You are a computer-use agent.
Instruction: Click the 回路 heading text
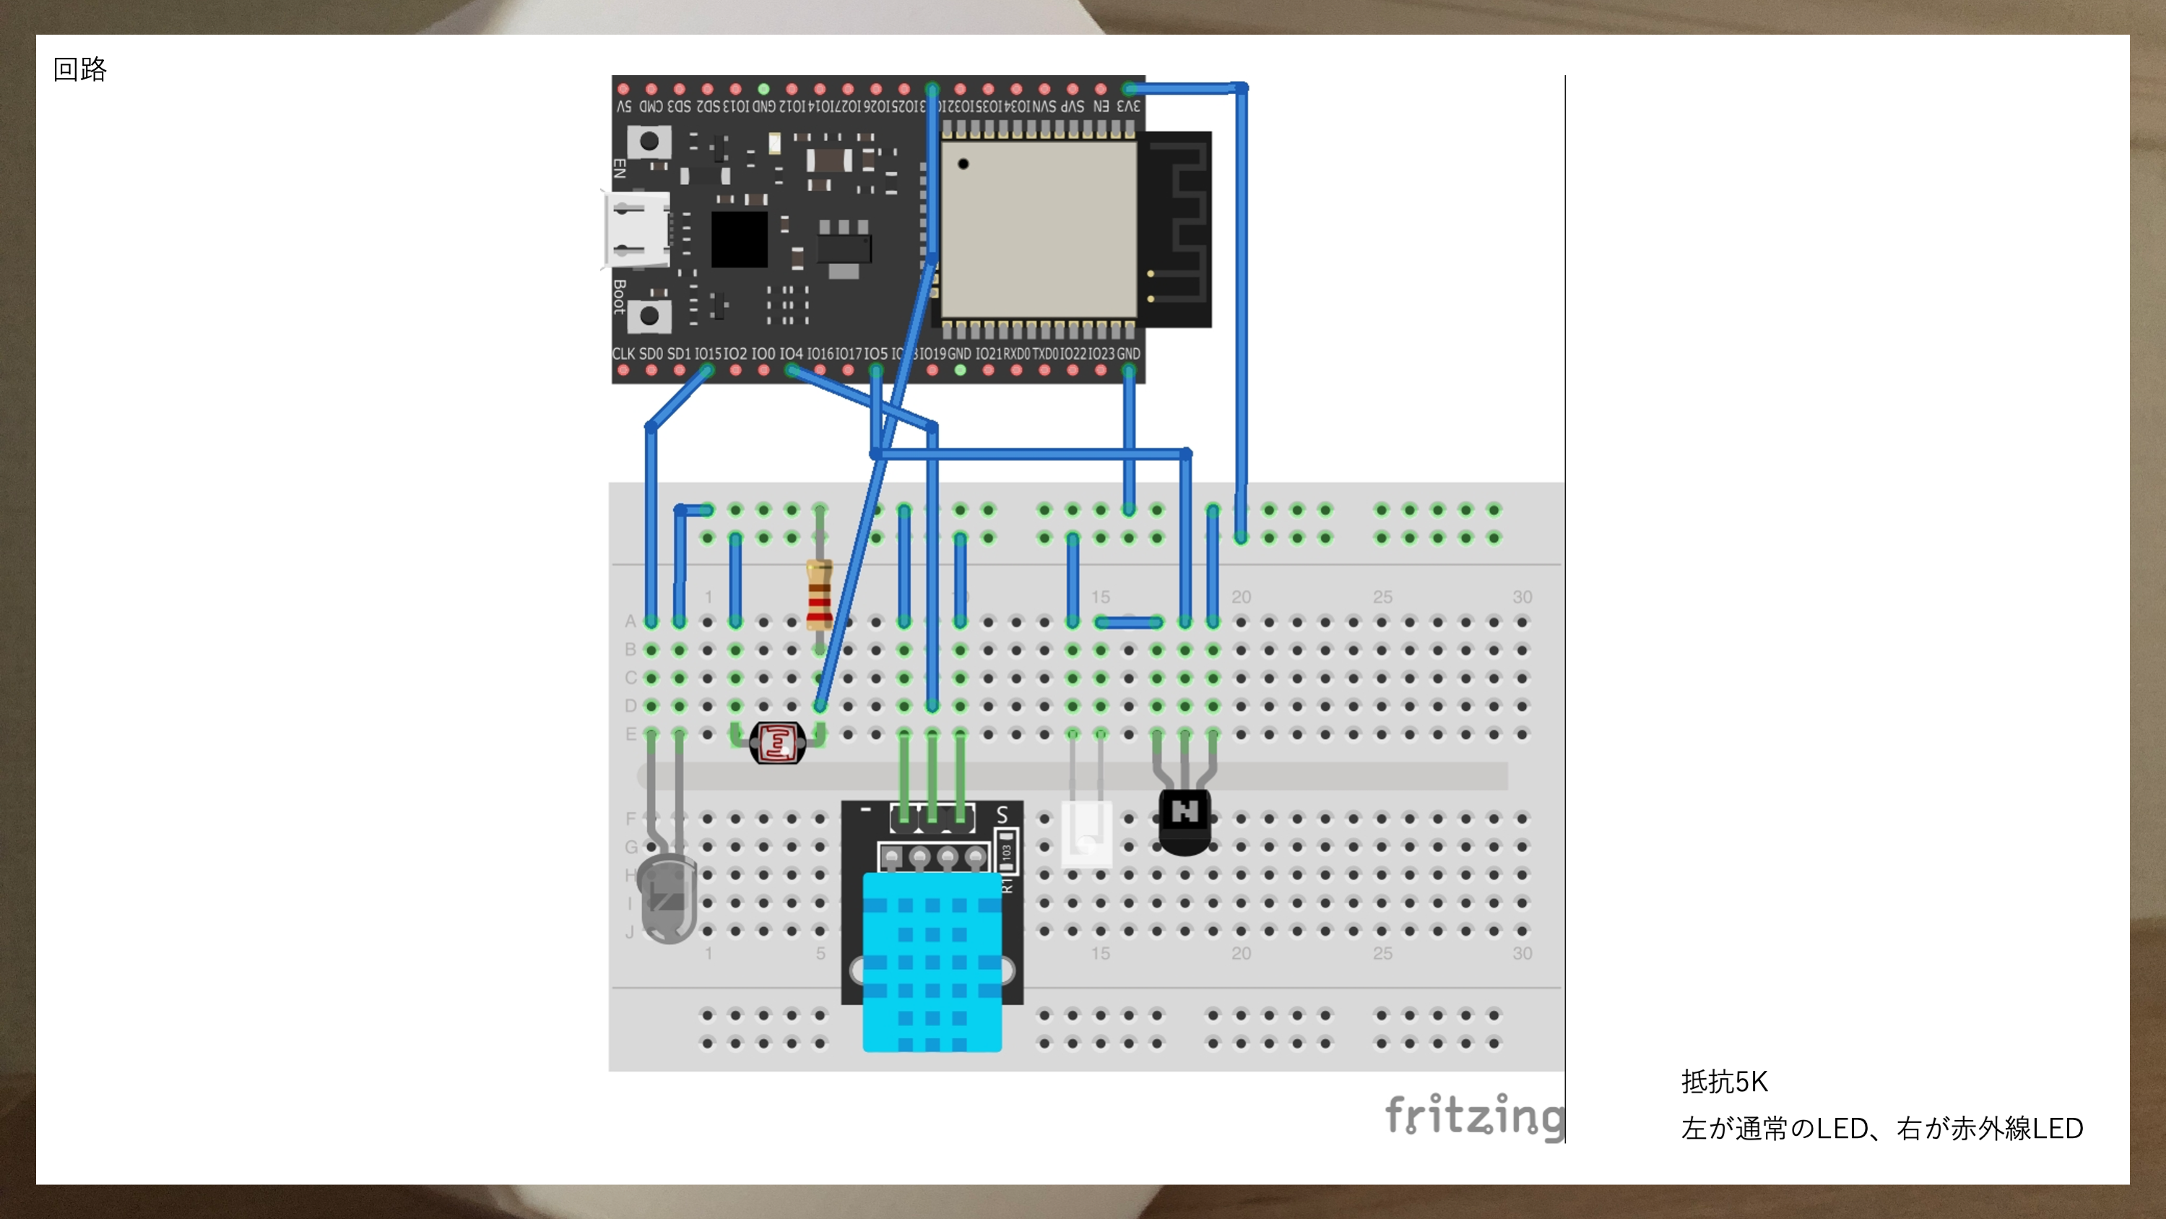point(80,69)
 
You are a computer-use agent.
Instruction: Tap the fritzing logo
point(1474,1116)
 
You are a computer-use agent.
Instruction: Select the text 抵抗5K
point(1724,1081)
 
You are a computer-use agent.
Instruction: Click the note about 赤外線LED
point(1881,1128)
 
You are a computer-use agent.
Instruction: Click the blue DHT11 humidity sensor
point(932,962)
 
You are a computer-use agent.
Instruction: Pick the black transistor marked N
point(1184,820)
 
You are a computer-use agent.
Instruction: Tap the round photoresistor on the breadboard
point(778,743)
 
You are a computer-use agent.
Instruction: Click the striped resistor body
point(819,595)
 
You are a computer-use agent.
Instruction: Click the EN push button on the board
point(649,142)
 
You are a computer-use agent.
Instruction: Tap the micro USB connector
point(636,229)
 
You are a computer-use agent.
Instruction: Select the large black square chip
point(739,239)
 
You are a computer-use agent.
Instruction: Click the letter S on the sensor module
point(1002,814)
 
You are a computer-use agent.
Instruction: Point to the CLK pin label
point(623,354)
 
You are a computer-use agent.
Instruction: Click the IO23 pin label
point(1101,354)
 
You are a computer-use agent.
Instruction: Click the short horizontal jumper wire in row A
point(1128,623)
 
